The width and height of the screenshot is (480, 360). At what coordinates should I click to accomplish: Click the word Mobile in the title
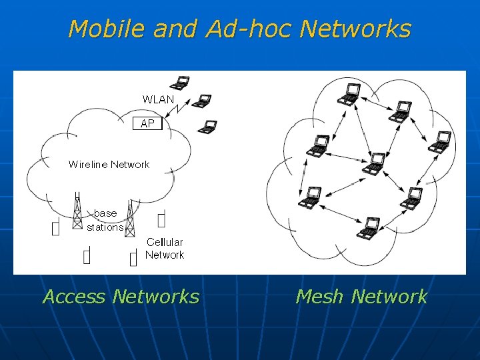[x=106, y=29]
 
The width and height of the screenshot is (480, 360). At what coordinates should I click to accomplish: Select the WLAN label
[x=158, y=99]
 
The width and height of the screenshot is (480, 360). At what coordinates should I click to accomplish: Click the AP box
[x=147, y=123]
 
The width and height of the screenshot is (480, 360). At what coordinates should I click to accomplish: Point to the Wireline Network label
[x=109, y=164]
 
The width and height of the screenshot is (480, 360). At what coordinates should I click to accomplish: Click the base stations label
[x=105, y=220]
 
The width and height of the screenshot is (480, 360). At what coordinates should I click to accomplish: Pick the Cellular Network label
[x=165, y=249]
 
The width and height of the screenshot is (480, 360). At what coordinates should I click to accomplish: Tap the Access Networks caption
[x=121, y=296]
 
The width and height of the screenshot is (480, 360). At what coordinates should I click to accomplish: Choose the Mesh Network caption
[x=361, y=296]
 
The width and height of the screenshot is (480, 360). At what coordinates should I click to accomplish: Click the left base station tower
[x=77, y=212]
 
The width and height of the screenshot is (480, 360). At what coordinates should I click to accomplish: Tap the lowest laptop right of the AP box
[x=209, y=126]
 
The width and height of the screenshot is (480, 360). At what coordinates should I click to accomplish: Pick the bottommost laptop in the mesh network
[x=369, y=227]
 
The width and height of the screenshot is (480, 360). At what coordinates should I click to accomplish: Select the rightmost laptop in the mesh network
[x=440, y=142]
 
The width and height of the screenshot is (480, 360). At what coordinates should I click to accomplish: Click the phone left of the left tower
[x=55, y=228]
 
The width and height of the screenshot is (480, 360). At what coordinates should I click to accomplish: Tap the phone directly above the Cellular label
[x=161, y=219]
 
